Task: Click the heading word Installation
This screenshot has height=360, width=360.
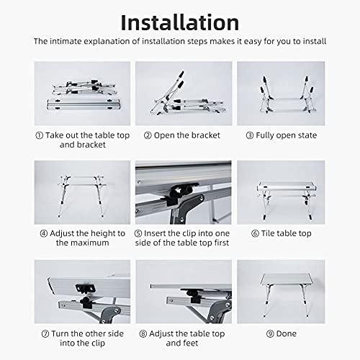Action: pos(179,21)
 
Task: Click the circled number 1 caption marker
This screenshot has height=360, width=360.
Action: pos(39,135)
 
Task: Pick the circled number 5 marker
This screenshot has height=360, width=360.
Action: pos(140,233)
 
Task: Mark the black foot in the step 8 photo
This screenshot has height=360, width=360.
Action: pos(193,294)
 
